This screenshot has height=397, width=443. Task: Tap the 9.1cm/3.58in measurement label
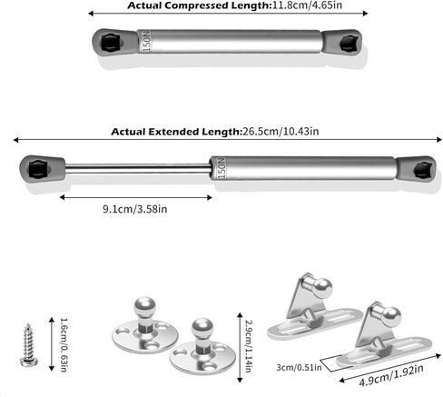(135, 209)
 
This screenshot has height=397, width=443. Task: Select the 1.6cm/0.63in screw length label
(64, 344)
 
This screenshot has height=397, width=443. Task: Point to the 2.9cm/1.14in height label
(248, 346)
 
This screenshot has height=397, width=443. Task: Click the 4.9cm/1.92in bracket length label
(391, 375)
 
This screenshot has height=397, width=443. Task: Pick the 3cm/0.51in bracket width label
(299, 368)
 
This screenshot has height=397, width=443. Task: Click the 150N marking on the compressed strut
(146, 41)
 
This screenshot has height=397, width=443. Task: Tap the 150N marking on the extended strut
(221, 168)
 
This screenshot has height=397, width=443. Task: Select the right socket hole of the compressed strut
(349, 44)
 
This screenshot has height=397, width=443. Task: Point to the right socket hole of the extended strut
(422, 170)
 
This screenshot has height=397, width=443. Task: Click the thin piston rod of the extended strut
(138, 168)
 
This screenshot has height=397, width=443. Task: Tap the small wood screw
(28, 345)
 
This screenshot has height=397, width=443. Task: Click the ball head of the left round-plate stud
(144, 307)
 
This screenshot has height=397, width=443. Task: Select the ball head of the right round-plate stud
(202, 328)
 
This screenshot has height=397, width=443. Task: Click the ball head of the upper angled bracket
(322, 288)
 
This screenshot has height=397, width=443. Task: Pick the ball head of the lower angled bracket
(391, 317)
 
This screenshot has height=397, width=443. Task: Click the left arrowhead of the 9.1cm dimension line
(62, 197)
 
